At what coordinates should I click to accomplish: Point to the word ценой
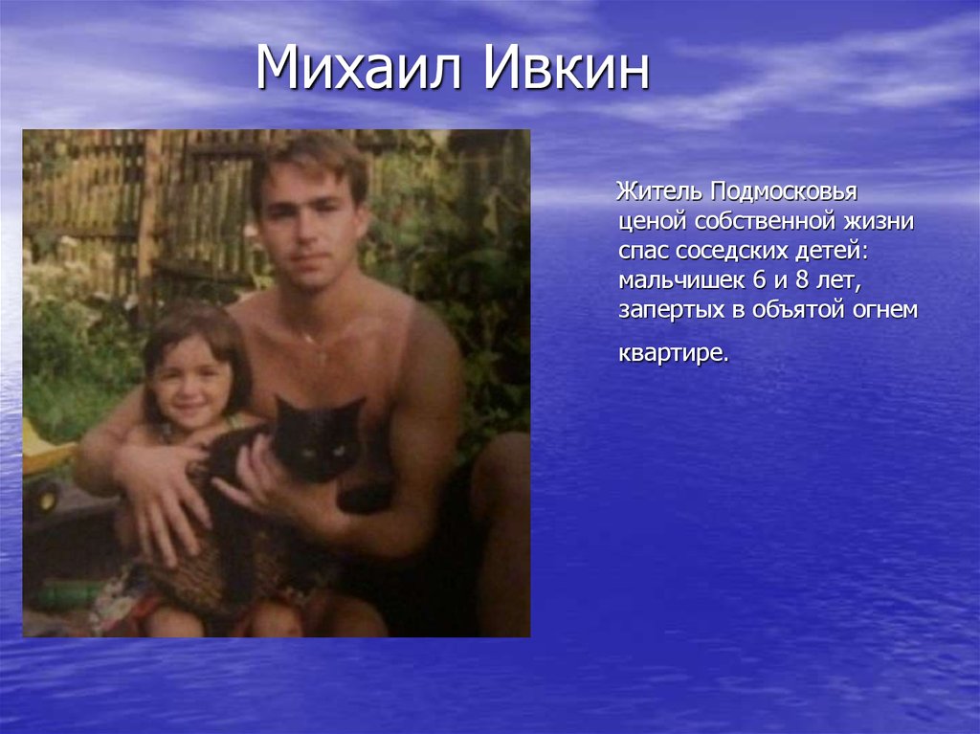tap(654, 222)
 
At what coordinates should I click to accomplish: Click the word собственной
tap(766, 222)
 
